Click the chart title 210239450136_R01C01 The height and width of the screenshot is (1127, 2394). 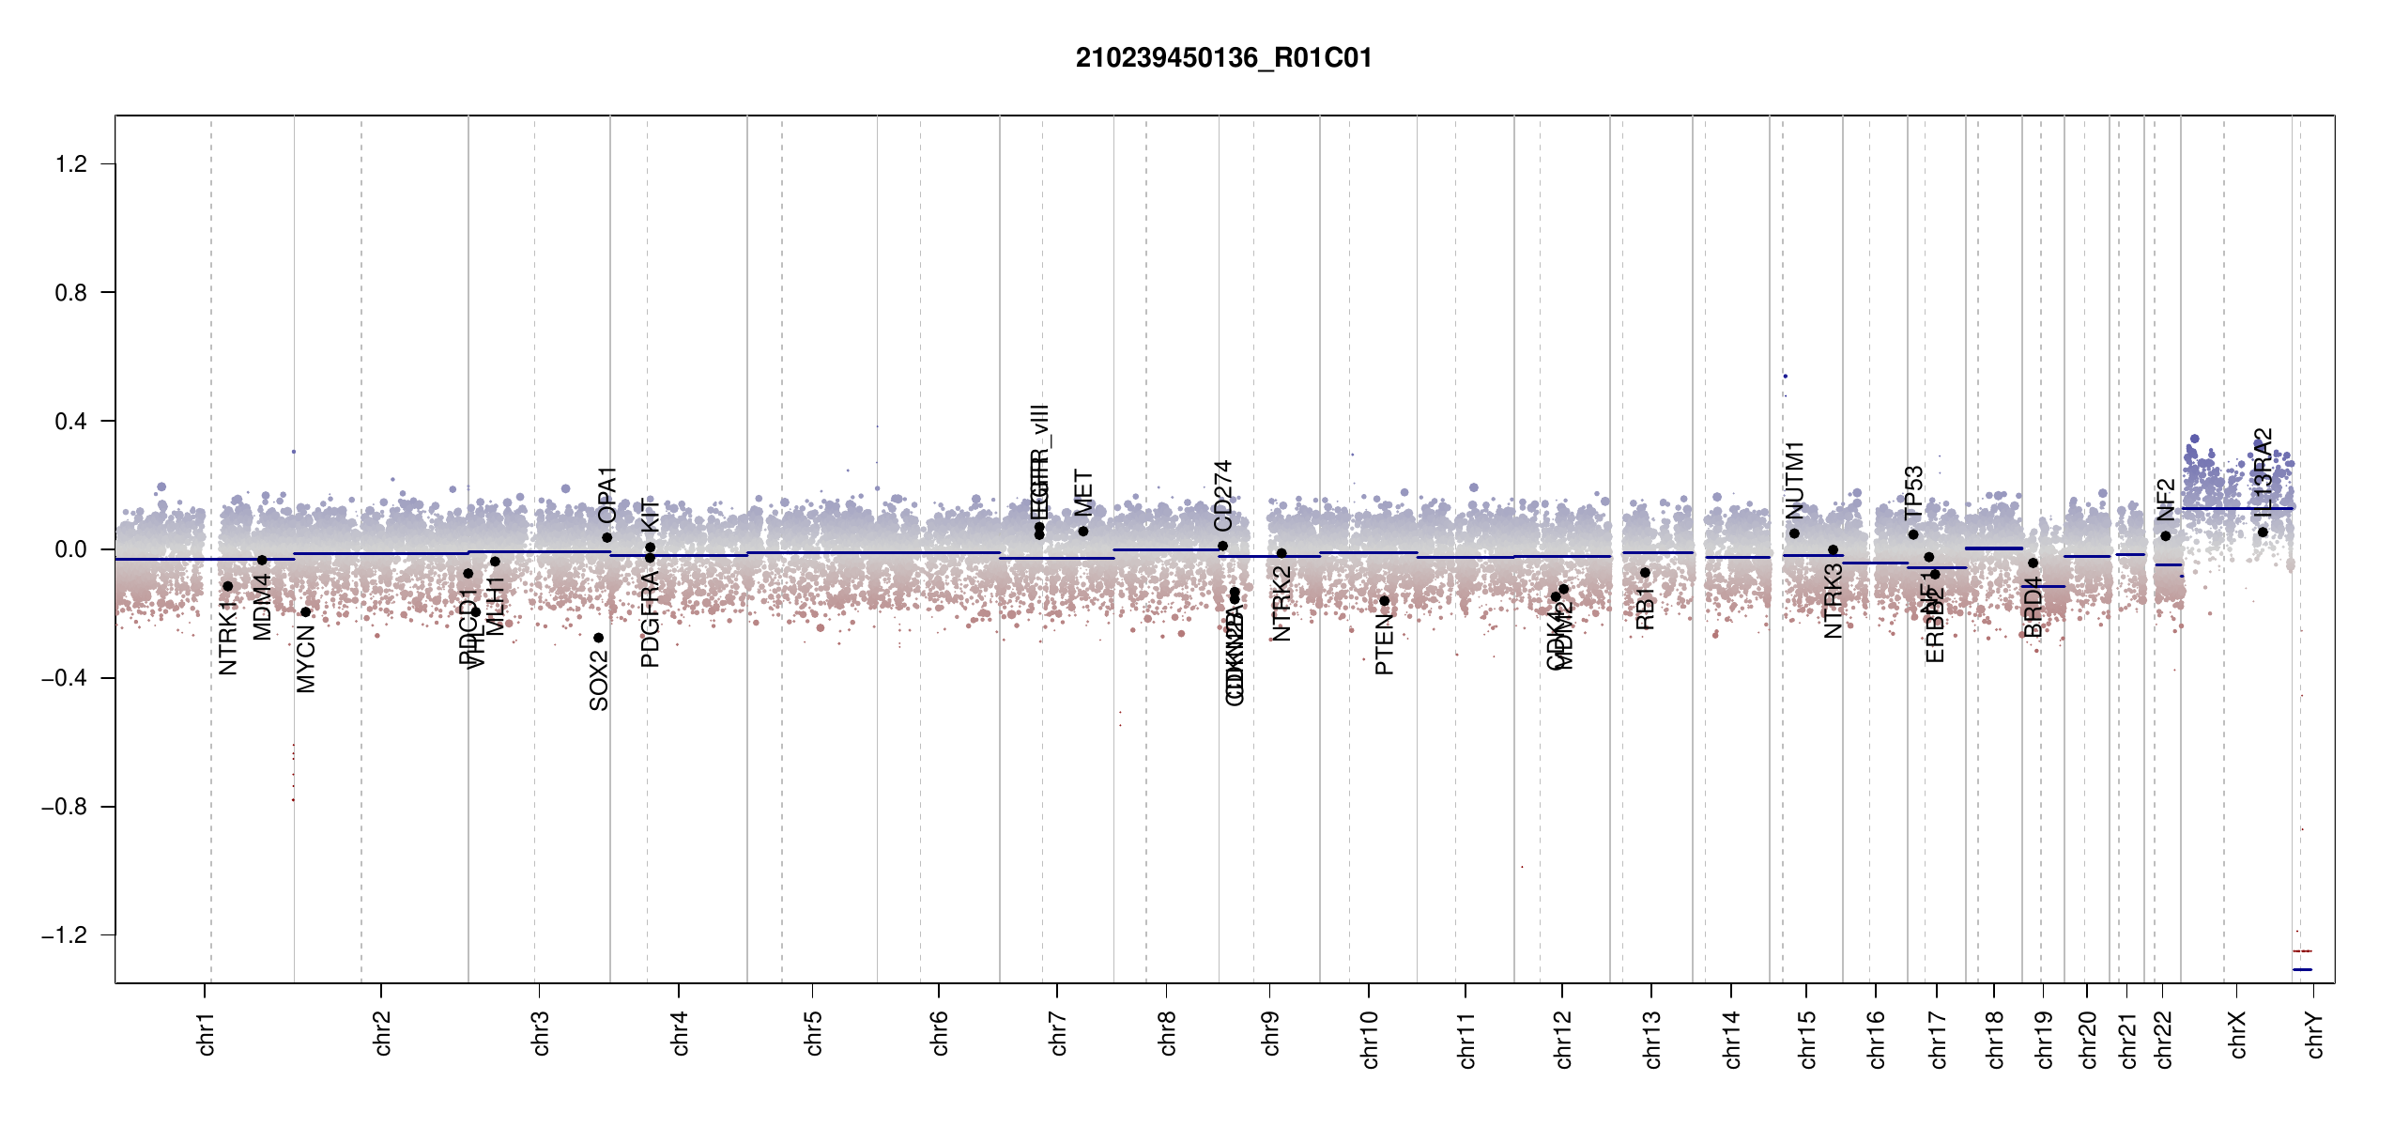1223,58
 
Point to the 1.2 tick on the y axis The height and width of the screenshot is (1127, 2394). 71,164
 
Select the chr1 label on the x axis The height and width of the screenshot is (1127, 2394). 207,1033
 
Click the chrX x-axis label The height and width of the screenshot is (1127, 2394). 2238,1034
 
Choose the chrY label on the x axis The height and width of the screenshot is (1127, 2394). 2315,1034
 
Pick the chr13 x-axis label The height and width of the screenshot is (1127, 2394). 1652,1039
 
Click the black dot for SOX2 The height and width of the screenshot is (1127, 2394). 599,638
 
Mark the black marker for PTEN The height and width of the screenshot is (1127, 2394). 1384,601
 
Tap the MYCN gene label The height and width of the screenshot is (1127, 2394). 306,660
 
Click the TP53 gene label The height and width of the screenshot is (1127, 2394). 1914,492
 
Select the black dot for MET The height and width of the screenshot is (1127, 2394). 1083,532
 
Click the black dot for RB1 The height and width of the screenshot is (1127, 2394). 1645,573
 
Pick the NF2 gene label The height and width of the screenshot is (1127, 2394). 2165,500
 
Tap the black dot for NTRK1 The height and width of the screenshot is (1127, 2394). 227,586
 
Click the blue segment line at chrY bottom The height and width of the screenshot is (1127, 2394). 2302,969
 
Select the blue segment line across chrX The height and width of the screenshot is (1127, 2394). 2236,509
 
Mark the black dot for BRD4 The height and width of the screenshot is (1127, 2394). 2033,563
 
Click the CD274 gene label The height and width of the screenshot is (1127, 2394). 1222,495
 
